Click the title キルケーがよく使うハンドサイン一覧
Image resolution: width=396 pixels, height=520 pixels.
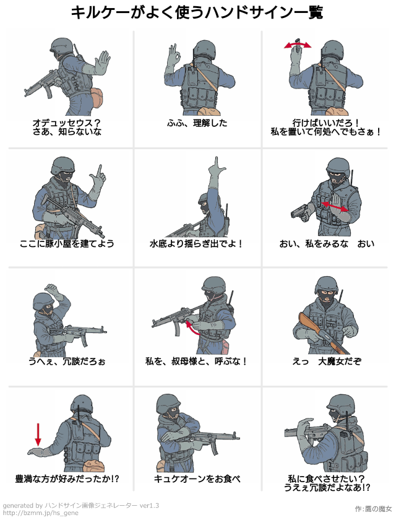tap(197, 12)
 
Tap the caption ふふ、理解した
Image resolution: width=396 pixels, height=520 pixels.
tap(197, 123)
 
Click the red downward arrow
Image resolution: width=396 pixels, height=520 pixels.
tap(38, 434)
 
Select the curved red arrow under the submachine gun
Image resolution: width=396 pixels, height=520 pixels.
tap(192, 327)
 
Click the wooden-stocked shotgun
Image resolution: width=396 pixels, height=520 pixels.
tap(324, 333)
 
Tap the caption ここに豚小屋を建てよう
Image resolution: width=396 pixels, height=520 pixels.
tap(67, 244)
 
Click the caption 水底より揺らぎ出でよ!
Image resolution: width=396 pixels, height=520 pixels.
tap(196, 244)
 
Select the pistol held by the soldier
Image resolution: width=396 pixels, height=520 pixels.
tap(301, 211)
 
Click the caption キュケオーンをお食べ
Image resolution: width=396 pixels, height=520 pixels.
tap(197, 479)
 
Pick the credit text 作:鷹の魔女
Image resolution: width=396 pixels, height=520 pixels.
tap(373, 509)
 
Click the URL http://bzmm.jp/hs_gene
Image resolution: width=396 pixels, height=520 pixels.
tap(40, 513)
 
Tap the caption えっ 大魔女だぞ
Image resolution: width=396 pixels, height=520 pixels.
tap(327, 361)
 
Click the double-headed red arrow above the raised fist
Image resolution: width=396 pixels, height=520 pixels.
tap(298, 45)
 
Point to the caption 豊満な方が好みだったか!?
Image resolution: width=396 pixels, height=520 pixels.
tap(67, 479)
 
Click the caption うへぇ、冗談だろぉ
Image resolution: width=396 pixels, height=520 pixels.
tap(67, 361)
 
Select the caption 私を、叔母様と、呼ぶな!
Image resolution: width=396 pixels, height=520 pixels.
tap(196, 361)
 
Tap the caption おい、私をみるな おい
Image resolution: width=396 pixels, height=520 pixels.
tap(327, 244)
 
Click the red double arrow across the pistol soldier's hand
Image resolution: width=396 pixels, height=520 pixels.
tap(335, 206)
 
